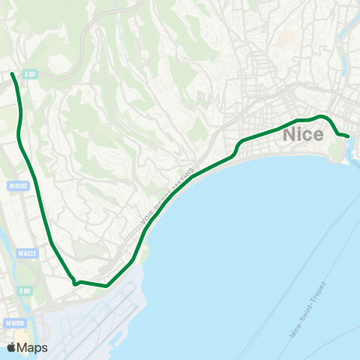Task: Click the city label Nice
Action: coord(304,135)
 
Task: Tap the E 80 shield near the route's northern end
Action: coord(30,73)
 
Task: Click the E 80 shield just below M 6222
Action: coord(26,290)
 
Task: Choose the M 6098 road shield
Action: coord(13,323)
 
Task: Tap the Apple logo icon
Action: coord(12,347)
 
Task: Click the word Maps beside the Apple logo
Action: coord(33,347)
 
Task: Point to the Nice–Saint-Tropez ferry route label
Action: coord(308,310)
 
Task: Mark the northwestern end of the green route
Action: coord(12,73)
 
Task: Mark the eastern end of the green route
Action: coord(349,136)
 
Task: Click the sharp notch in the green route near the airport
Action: coord(75,283)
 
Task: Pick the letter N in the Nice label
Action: coord(290,135)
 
